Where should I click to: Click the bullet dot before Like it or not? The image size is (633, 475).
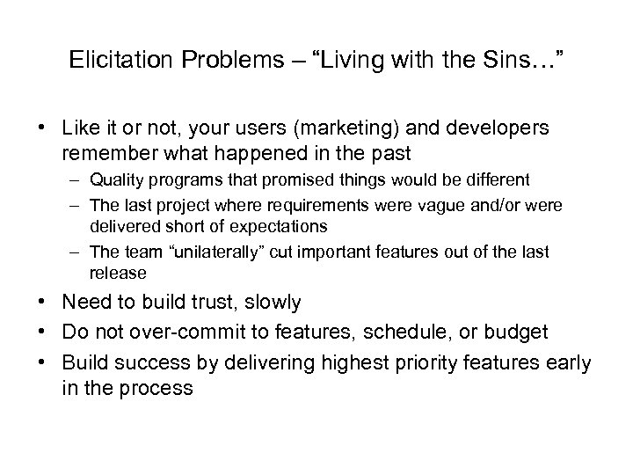coord(42,128)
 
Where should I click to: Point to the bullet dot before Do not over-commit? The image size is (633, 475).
coord(42,330)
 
